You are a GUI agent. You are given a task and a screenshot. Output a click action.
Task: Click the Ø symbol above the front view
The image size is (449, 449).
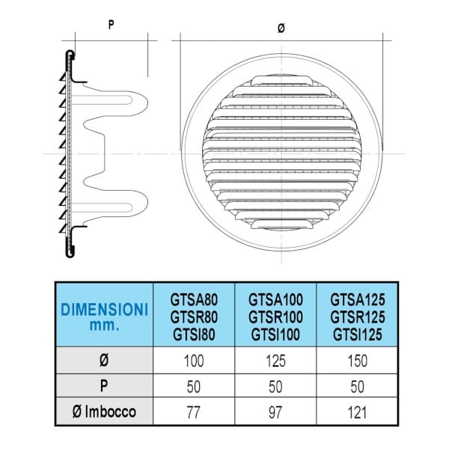pyautogui.click(x=281, y=28)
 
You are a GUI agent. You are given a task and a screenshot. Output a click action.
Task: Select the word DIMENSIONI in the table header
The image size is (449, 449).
pyautogui.click(x=104, y=308)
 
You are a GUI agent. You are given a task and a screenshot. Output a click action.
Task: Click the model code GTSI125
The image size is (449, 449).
pyautogui.click(x=358, y=335)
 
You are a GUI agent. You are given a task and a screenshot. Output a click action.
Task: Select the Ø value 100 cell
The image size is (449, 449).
pyautogui.click(x=193, y=361)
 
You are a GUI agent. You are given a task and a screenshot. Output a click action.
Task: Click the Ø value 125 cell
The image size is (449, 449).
pyautogui.click(x=276, y=361)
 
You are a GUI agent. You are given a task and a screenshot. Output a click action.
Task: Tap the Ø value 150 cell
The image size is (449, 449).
pyautogui.click(x=358, y=361)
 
